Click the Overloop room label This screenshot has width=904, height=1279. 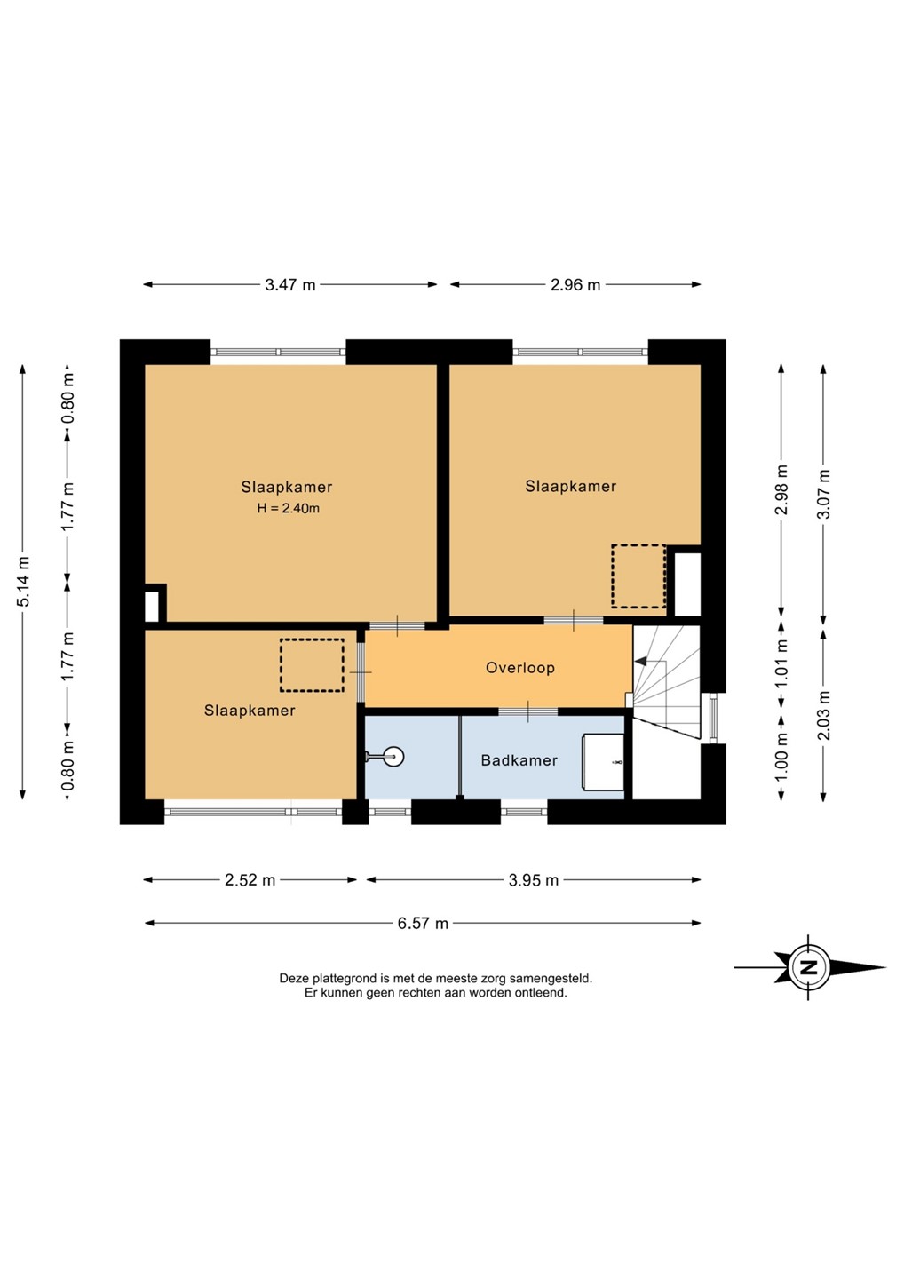click(519, 668)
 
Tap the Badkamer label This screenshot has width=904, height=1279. click(519, 760)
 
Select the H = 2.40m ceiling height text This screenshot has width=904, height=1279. click(288, 508)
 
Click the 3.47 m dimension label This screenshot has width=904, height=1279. click(289, 284)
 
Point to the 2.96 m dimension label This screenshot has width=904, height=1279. click(575, 284)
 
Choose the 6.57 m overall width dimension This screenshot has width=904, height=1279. click(423, 924)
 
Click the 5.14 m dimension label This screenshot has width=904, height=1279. click(23, 581)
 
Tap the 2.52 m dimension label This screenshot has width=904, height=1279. click(250, 880)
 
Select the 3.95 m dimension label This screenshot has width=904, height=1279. click(534, 880)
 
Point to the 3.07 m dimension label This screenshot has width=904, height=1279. click(823, 493)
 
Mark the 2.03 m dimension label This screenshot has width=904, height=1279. click(823, 715)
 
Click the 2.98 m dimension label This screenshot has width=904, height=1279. click(781, 489)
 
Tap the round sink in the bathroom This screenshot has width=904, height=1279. click(393, 757)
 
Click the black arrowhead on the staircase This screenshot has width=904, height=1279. click(641, 661)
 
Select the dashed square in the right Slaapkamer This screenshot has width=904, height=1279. click(638, 576)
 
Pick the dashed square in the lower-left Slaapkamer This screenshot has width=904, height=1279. click(312, 665)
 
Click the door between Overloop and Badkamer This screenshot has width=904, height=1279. click(527, 711)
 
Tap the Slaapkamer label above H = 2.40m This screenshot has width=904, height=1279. click(287, 487)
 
